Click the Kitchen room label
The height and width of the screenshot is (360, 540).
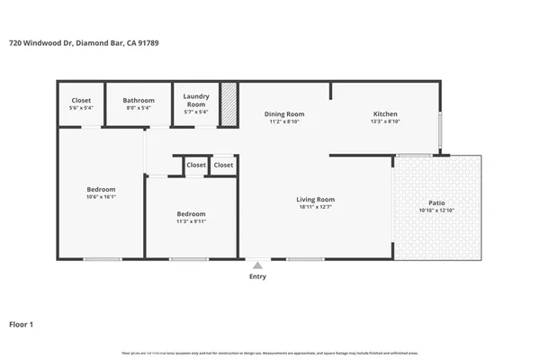point(385,114)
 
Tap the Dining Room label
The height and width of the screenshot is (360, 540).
point(283,114)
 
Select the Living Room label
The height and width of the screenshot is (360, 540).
point(315,200)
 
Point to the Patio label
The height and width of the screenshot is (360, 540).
point(436,203)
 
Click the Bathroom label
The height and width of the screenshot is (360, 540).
point(139,101)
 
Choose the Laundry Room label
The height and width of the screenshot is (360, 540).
point(196,100)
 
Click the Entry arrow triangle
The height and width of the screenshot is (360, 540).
point(257,265)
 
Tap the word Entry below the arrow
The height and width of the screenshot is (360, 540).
point(257,277)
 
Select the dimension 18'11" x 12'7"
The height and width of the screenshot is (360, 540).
point(315,208)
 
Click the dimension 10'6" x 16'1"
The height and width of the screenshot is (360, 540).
point(101,197)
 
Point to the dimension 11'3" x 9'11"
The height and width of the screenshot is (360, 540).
point(191,221)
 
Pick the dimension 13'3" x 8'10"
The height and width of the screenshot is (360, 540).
point(385,121)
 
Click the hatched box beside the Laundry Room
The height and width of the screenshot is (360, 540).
point(229,103)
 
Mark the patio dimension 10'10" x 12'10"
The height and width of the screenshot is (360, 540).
point(436,211)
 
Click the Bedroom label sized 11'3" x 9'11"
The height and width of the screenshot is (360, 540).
point(191,213)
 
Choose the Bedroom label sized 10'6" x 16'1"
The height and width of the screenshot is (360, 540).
point(101,189)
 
